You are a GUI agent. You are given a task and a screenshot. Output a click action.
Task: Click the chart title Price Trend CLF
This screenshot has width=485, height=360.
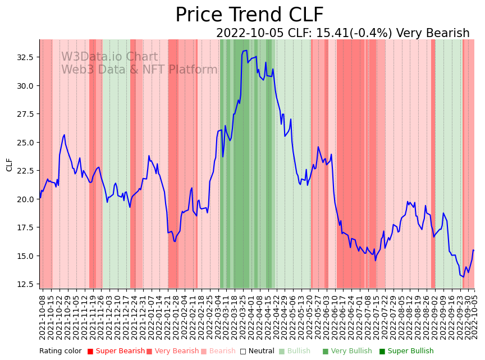pyautogui.click(x=249, y=15)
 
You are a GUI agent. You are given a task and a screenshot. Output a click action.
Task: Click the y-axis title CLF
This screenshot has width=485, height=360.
pyautogui.click(x=10, y=164)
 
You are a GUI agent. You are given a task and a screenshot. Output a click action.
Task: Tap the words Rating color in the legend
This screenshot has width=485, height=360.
pyautogui.click(x=60, y=351)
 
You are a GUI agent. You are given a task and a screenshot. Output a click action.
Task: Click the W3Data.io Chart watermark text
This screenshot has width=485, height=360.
pyautogui.click(x=109, y=57)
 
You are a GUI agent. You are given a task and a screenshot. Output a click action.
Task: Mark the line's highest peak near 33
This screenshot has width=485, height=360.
pyautogui.click(x=245, y=51)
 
